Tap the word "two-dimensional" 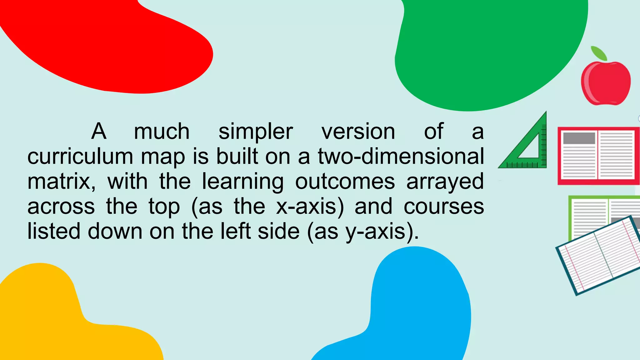tap(401, 156)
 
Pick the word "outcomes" tap(345, 182)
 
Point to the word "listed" tap(54, 231)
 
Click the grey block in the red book tap(579, 138)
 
